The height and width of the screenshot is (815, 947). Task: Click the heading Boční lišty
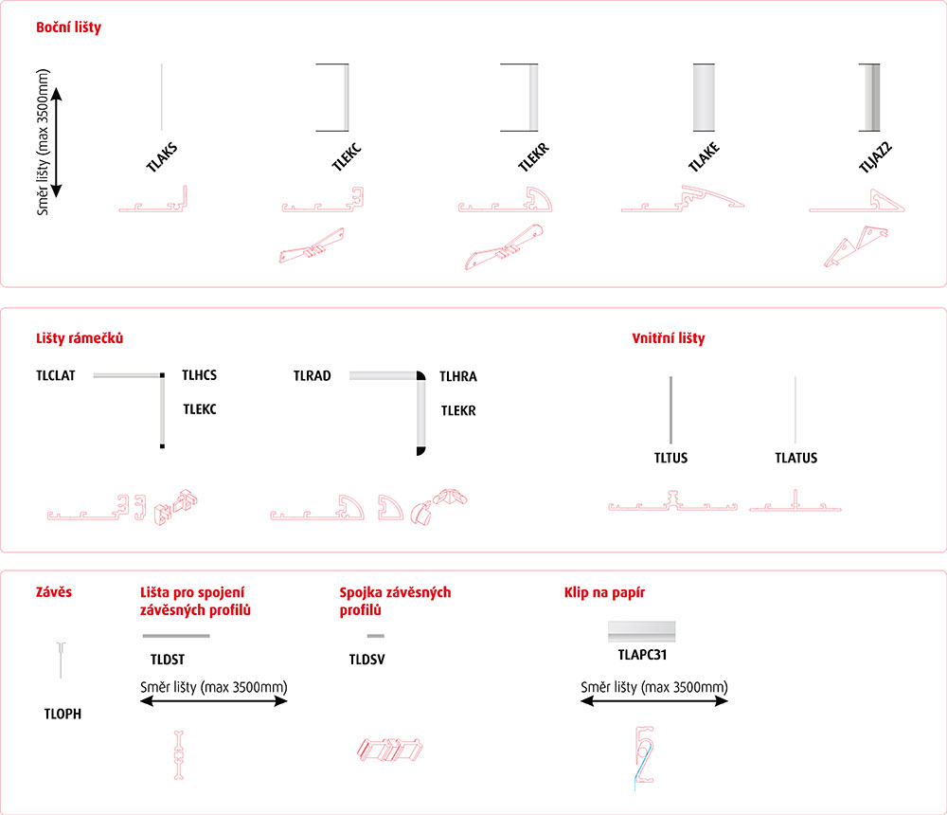[x=68, y=27]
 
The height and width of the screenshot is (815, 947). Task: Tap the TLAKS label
[x=162, y=157]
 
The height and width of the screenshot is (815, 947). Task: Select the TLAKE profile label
[x=705, y=157]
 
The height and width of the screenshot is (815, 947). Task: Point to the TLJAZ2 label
[x=876, y=157]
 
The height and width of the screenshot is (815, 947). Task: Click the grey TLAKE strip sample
[x=704, y=98]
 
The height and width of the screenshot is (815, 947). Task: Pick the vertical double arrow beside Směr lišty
[x=57, y=143]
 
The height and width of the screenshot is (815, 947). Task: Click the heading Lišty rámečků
[x=80, y=338]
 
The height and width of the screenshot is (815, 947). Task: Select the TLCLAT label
[x=56, y=375]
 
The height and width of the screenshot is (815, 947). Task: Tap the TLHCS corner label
[x=199, y=375]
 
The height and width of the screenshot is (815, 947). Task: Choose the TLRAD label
[x=313, y=376]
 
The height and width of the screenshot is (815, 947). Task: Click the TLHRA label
[x=458, y=376]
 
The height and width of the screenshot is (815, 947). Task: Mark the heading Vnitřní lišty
[x=669, y=338]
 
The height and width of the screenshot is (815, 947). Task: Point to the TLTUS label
[x=671, y=458]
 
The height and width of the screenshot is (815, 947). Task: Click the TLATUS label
[x=796, y=458]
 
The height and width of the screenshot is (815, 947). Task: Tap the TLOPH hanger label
[x=63, y=714]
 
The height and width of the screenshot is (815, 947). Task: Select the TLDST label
[x=168, y=660]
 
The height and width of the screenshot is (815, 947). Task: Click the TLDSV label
[x=366, y=660]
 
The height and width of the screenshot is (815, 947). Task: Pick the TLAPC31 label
[x=642, y=655]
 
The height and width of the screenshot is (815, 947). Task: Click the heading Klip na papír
[x=604, y=592]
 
